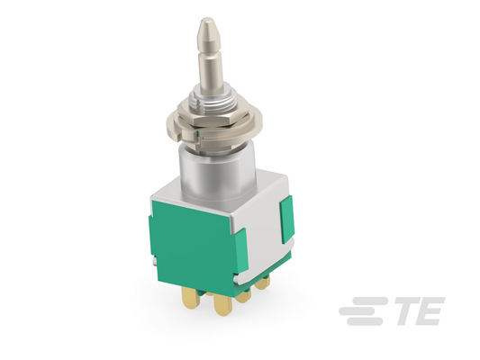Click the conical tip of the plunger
(207, 29)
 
